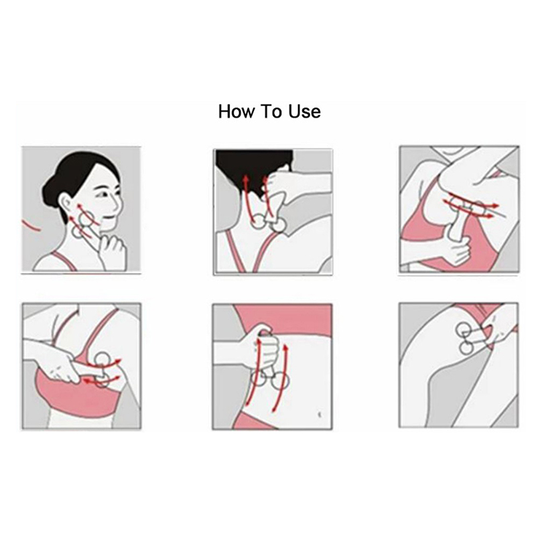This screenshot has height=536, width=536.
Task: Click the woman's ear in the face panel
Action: pyautogui.click(x=65, y=204)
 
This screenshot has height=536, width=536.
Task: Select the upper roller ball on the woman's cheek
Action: pyautogui.click(x=86, y=219)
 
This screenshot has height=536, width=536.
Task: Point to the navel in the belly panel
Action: pyautogui.click(x=320, y=415)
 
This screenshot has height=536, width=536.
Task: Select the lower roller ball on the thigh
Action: pyautogui.click(x=466, y=348)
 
